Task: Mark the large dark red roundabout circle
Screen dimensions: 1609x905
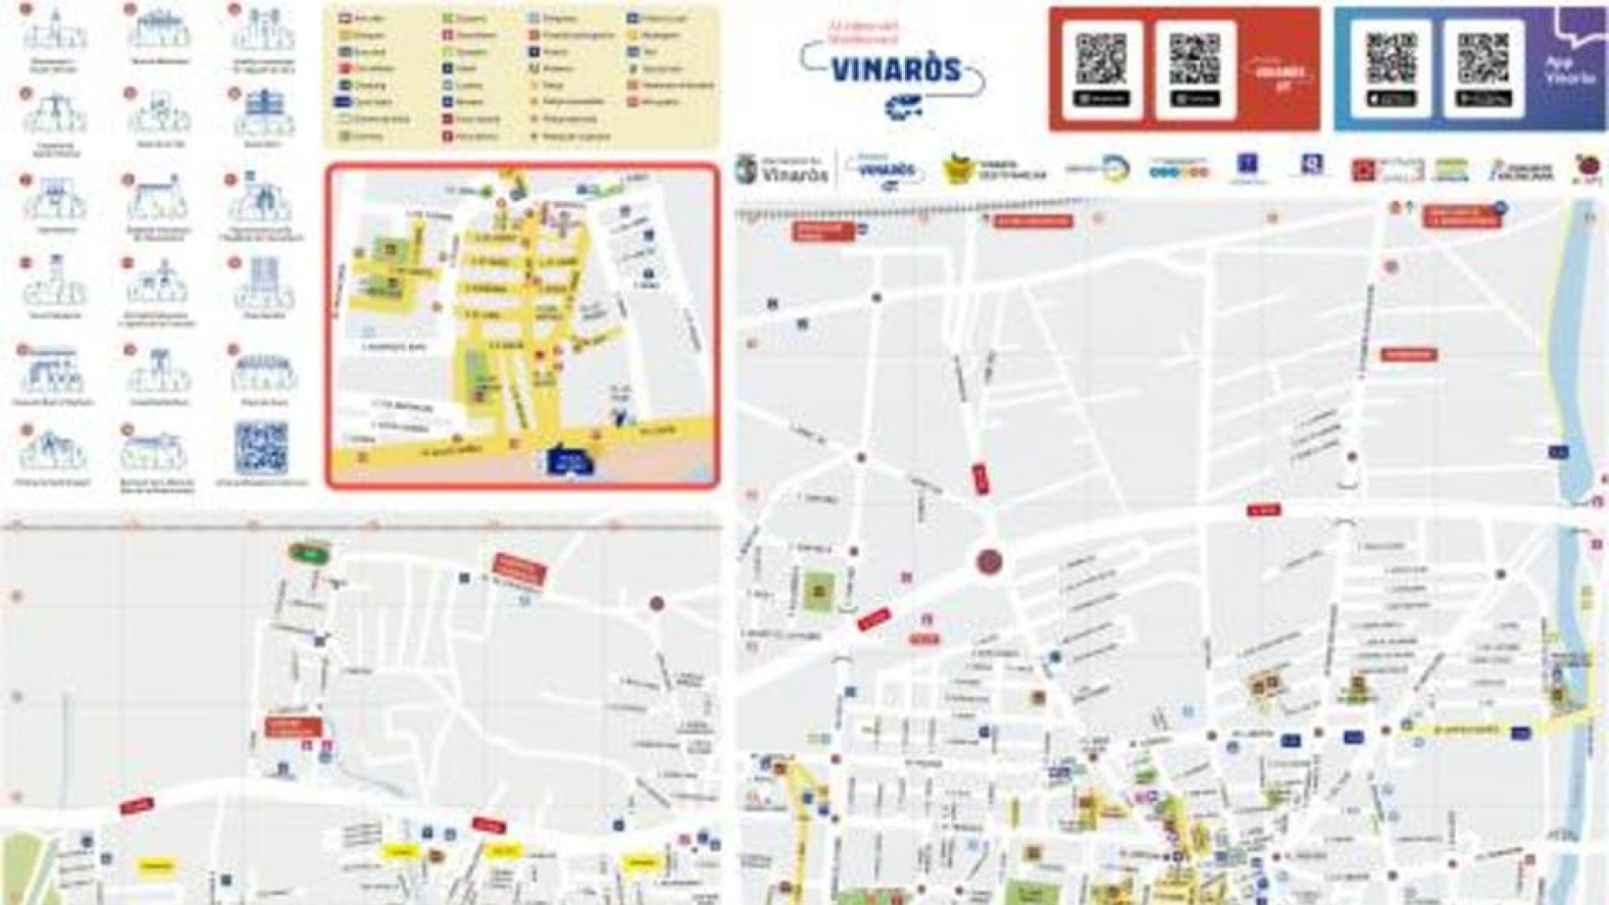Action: coord(990,561)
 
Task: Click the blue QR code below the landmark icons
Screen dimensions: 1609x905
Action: coord(261,448)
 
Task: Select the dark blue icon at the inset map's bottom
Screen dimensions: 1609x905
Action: coord(569,462)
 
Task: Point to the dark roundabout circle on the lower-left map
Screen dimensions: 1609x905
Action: coord(657,603)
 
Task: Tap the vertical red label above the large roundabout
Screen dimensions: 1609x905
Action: coord(980,478)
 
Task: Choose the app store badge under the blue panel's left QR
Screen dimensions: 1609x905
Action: coord(1391,99)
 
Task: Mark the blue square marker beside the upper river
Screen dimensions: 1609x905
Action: coord(1558,452)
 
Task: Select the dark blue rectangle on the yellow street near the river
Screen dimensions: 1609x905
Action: coord(1519,732)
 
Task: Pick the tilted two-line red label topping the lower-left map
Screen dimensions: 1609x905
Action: coord(520,569)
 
